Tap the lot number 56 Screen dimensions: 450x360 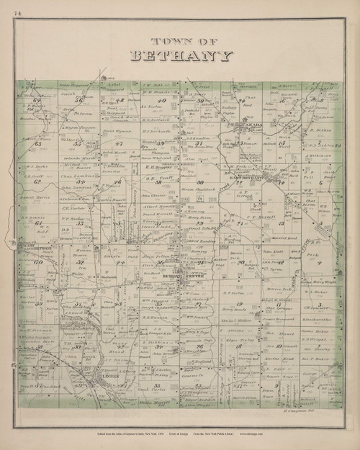78,102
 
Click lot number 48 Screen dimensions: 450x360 121,101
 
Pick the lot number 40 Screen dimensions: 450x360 162,100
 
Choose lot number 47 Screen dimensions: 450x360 120,143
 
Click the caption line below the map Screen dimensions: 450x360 179,435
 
